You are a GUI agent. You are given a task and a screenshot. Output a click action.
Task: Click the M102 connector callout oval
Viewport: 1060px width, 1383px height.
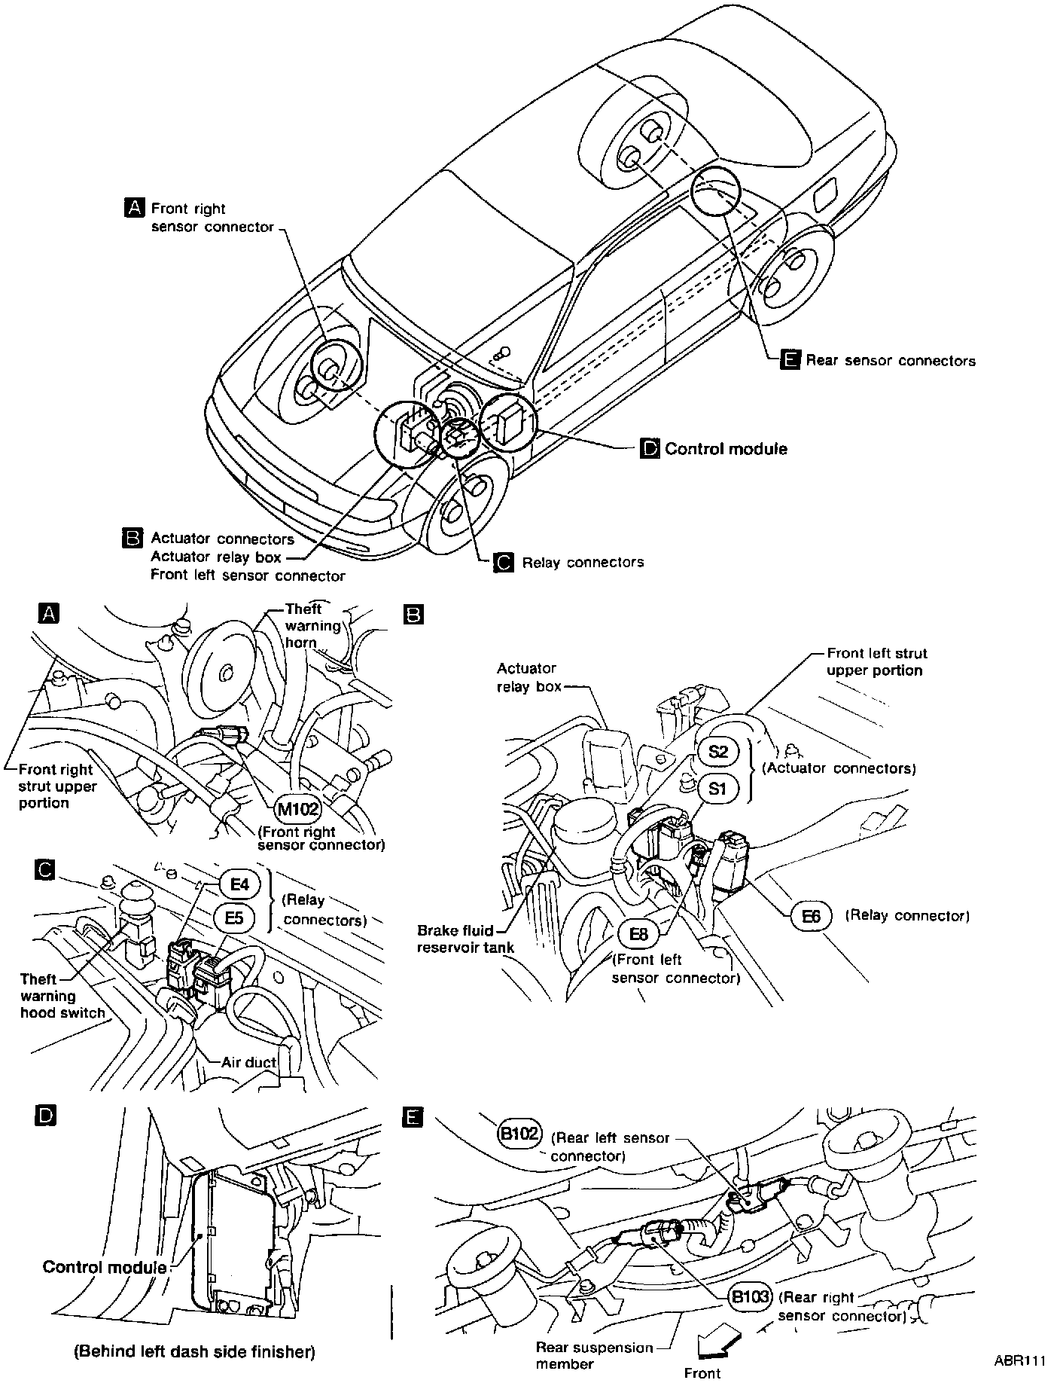click(x=298, y=810)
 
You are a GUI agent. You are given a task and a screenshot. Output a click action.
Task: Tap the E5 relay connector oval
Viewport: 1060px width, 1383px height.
click(x=234, y=918)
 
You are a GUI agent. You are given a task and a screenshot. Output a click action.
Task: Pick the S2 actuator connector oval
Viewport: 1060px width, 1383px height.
click(x=718, y=752)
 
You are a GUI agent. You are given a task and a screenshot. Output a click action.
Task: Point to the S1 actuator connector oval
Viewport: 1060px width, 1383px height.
click(x=718, y=788)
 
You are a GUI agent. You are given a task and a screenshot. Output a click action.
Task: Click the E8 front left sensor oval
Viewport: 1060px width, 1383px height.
click(x=638, y=935)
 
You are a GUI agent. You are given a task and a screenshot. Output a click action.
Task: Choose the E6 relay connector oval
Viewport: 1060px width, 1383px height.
click(x=811, y=916)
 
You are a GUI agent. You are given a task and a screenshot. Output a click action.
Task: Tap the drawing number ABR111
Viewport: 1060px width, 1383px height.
click(x=1020, y=1361)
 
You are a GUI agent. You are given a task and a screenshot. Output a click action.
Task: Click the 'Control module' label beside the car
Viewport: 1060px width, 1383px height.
click(x=726, y=449)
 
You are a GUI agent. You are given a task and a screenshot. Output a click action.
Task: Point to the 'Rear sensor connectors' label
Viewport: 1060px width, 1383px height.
click(x=890, y=361)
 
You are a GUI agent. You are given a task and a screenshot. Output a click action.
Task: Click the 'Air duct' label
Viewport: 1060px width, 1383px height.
click(x=248, y=1062)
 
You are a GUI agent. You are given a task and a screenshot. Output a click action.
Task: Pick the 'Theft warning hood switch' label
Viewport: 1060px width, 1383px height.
click(x=62, y=996)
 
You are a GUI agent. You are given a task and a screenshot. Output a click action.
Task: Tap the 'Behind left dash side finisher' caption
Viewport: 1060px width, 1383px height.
click(x=194, y=1351)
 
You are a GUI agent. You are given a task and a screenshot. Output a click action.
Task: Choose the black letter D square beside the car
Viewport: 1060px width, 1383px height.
click(x=649, y=449)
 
